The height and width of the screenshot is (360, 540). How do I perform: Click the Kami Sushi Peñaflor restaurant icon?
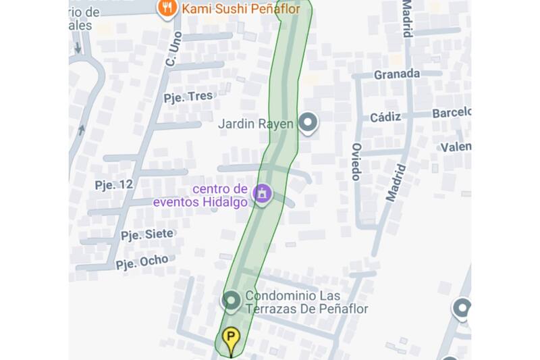point(166,8)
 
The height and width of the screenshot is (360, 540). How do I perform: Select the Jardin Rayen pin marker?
point(308,123)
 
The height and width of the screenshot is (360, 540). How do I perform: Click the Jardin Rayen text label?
point(256,124)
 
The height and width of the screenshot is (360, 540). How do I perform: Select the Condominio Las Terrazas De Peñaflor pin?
point(232,300)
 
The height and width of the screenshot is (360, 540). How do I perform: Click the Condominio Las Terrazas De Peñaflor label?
point(306,302)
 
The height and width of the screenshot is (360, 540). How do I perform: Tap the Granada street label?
point(397,74)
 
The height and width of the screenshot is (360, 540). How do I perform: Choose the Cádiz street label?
point(385,117)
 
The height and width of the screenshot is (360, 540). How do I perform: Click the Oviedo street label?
point(356,162)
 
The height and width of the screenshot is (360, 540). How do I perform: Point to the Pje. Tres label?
point(188,97)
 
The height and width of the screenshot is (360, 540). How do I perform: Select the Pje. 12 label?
point(113,184)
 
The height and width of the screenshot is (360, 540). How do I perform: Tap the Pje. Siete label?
point(146,234)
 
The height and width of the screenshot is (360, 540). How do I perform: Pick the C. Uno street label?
point(173,49)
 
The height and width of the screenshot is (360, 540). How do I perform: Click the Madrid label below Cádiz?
point(396,183)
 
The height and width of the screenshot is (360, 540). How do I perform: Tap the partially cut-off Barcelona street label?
point(451,112)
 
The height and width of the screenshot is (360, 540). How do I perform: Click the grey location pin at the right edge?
point(462,309)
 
